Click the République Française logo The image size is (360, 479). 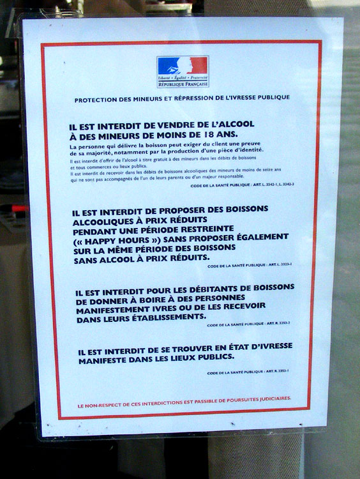point(182,72)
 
